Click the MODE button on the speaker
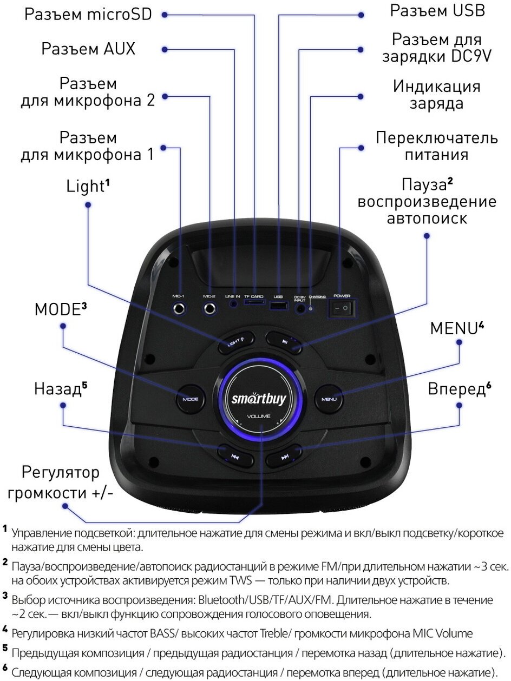tap(190, 399)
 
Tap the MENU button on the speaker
tap(329, 399)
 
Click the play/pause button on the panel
tap(284, 341)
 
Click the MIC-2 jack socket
tap(209, 309)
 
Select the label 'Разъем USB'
tap(438, 10)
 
